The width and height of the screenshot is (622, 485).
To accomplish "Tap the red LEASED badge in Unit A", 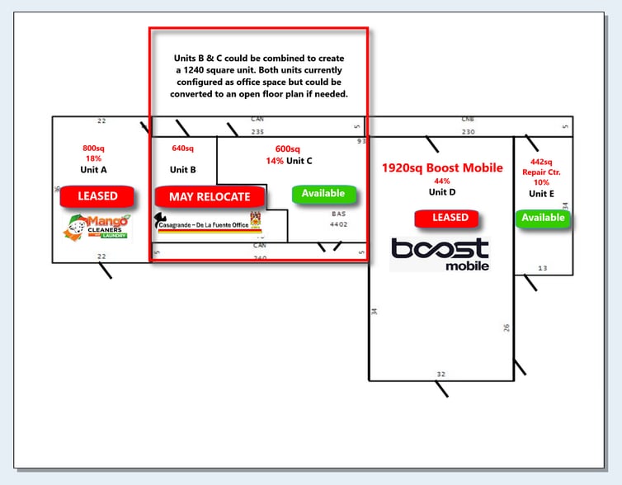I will pyautogui.click(x=97, y=196).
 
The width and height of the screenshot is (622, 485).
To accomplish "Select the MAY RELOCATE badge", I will pyautogui.click(x=210, y=197).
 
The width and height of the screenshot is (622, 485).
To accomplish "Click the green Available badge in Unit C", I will pyautogui.click(x=323, y=194).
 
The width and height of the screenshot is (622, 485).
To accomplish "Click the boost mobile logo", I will pyautogui.click(x=440, y=254).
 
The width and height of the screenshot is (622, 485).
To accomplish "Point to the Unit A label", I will pyautogui.click(x=93, y=170).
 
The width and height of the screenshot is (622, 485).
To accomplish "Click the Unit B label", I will pyautogui.click(x=183, y=170).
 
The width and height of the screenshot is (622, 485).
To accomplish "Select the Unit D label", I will pyautogui.click(x=442, y=192).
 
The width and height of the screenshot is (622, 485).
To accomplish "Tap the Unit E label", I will pyautogui.click(x=542, y=193).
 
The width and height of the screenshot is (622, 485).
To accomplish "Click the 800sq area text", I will pyautogui.click(x=92, y=148).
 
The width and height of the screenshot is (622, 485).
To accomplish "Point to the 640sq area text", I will pyautogui.click(x=182, y=148).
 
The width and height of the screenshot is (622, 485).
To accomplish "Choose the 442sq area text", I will pyautogui.click(x=542, y=162).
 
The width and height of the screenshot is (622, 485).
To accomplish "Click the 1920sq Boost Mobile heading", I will pyautogui.click(x=441, y=168).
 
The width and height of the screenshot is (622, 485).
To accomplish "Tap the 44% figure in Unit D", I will pyautogui.click(x=442, y=181).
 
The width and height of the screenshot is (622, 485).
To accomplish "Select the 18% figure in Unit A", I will pyautogui.click(x=92, y=158).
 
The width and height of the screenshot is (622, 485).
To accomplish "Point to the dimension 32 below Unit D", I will pyautogui.click(x=441, y=374).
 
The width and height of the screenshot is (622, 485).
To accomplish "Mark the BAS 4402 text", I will pyautogui.click(x=338, y=219).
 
